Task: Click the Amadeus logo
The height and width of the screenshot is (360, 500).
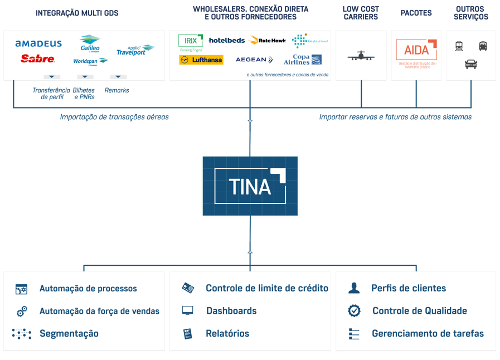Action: tap(38, 43)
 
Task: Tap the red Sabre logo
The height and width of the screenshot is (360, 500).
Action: tap(37, 59)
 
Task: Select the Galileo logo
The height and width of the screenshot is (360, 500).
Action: tap(90, 43)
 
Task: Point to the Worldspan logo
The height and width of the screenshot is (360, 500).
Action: tap(90, 61)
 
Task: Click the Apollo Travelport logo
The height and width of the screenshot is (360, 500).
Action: tap(134, 50)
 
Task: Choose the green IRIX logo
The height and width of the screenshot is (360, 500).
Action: tap(191, 41)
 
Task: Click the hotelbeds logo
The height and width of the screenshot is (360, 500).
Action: tap(226, 40)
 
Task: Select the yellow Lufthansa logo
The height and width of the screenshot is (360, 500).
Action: tap(201, 60)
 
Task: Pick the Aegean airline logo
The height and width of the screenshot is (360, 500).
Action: tap(254, 60)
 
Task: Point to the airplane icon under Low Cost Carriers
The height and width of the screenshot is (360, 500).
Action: tap(361, 56)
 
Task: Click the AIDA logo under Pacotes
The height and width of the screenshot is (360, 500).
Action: tap(416, 50)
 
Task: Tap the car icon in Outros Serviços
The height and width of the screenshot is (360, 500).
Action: tap(471, 65)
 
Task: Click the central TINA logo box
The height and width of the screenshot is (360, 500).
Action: tap(250, 186)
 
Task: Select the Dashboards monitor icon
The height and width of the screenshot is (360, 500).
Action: tap(188, 311)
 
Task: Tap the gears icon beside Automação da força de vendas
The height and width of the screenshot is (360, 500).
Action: tap(22, 312)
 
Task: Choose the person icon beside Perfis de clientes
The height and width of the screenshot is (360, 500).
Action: tap(354, 288)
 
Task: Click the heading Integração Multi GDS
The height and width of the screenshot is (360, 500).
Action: tap(77, 13)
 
